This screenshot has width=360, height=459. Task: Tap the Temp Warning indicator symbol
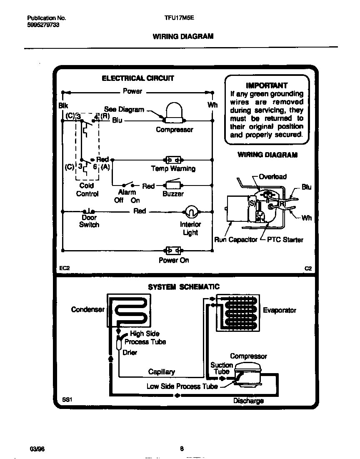click(173, 160)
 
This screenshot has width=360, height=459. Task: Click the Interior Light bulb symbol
click(190, 212)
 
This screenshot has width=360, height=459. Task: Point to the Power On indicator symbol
click(173, 251)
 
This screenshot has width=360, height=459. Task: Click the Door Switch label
click(89, 221)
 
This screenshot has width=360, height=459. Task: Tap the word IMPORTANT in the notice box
click(267, 85)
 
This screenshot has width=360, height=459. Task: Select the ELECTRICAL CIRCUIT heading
click(138, 78)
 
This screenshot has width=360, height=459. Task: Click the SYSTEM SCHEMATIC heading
click(184, 287)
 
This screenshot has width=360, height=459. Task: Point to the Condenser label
click(87, 309)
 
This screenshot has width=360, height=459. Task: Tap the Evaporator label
click(279, 310)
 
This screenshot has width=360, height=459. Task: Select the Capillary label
click(161, 371)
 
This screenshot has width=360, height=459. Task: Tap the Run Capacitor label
click(235, 240)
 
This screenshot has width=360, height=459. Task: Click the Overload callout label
click(272, 177)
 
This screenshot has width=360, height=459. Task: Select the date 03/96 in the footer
click(37, 449)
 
